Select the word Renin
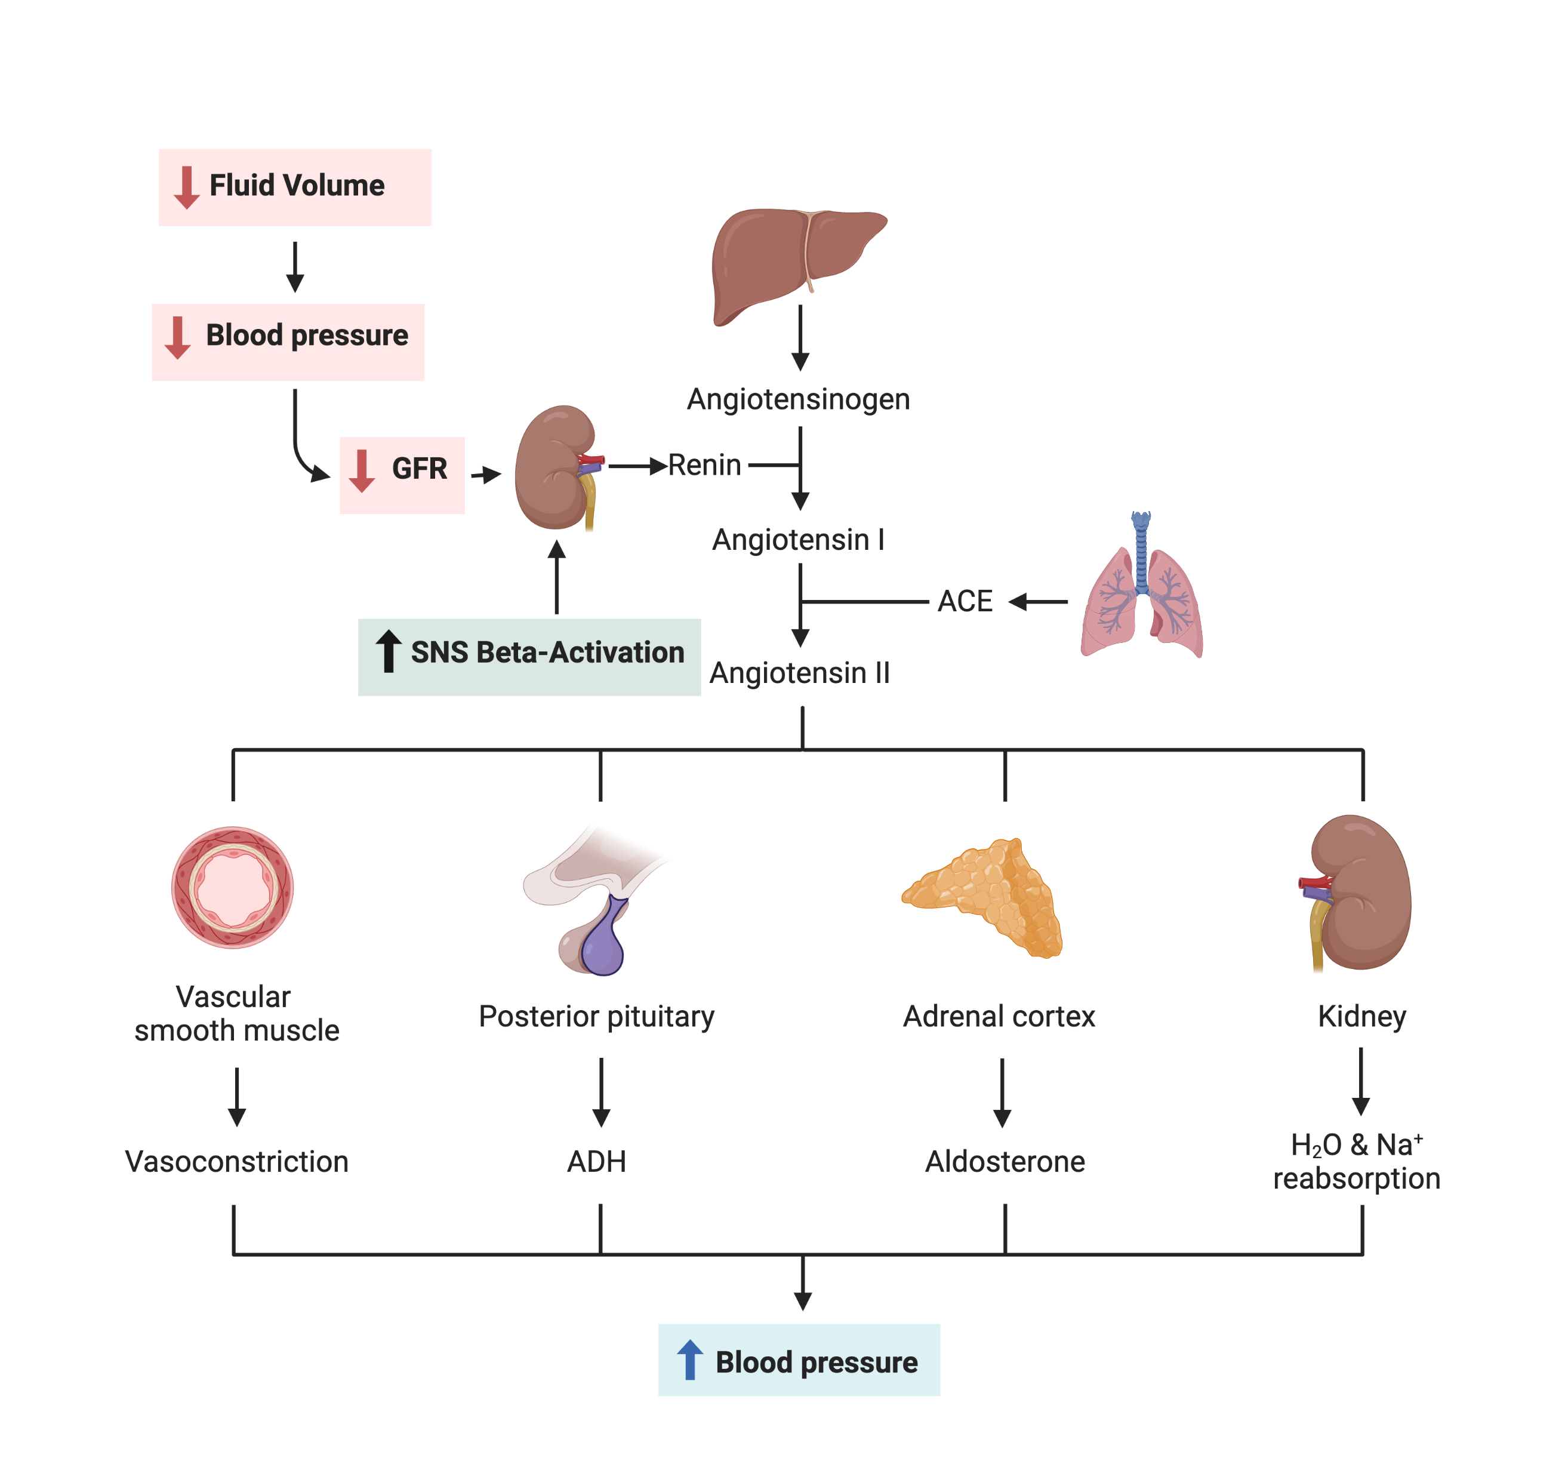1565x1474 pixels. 704,465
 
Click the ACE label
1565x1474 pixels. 965,602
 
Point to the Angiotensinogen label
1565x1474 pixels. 798,400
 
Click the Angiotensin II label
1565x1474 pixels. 800,673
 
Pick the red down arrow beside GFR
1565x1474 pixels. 361,471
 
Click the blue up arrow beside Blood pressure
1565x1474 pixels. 689,1360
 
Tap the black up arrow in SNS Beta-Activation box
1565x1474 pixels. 388,651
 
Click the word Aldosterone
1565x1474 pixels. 1005,1161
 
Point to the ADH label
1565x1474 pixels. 597,1161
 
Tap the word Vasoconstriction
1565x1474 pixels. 237,1161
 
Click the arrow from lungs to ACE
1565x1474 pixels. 1037,602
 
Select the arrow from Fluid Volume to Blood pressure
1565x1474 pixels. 295,267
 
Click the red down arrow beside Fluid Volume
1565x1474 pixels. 187,187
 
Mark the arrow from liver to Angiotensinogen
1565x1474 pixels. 800,338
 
